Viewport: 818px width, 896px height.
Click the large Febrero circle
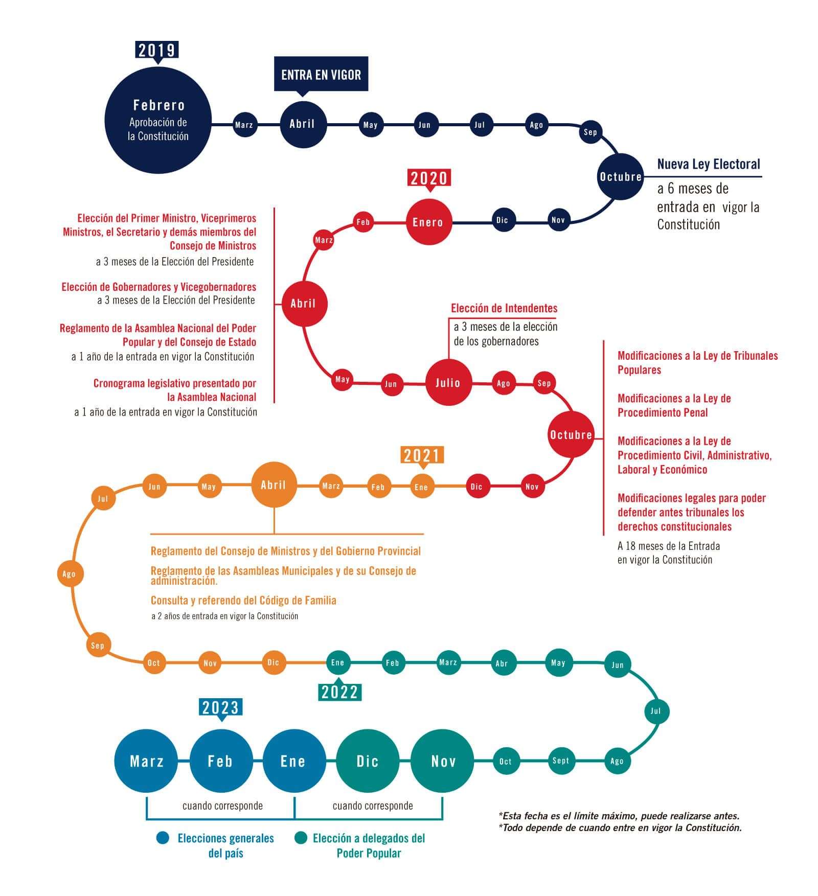coord(158,121)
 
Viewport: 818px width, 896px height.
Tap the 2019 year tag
coord(157,51)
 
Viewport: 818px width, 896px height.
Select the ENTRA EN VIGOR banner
coord(321,75)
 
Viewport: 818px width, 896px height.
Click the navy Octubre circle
coord(621,176)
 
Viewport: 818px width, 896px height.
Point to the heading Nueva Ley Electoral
coord(709,164)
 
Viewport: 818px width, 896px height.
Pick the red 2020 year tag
coord(429,179)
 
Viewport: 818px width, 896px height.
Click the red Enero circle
coord(429,222)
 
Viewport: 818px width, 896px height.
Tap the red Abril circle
coord(304,303)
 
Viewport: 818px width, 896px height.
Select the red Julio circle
coord(448,382)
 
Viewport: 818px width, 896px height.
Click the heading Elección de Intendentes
coord(504,308)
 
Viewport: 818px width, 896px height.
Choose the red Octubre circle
coord(571,434)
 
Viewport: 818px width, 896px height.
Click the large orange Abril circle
coord(274,485)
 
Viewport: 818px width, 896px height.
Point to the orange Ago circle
coord(70,573)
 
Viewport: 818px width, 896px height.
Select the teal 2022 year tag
coord(340,691)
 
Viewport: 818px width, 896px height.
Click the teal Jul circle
coord(656,711)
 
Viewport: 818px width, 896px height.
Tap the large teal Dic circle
coord(368,761)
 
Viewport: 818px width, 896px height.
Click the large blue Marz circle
coord(146,761)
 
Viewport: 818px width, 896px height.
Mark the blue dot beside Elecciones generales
coord(163,838)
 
